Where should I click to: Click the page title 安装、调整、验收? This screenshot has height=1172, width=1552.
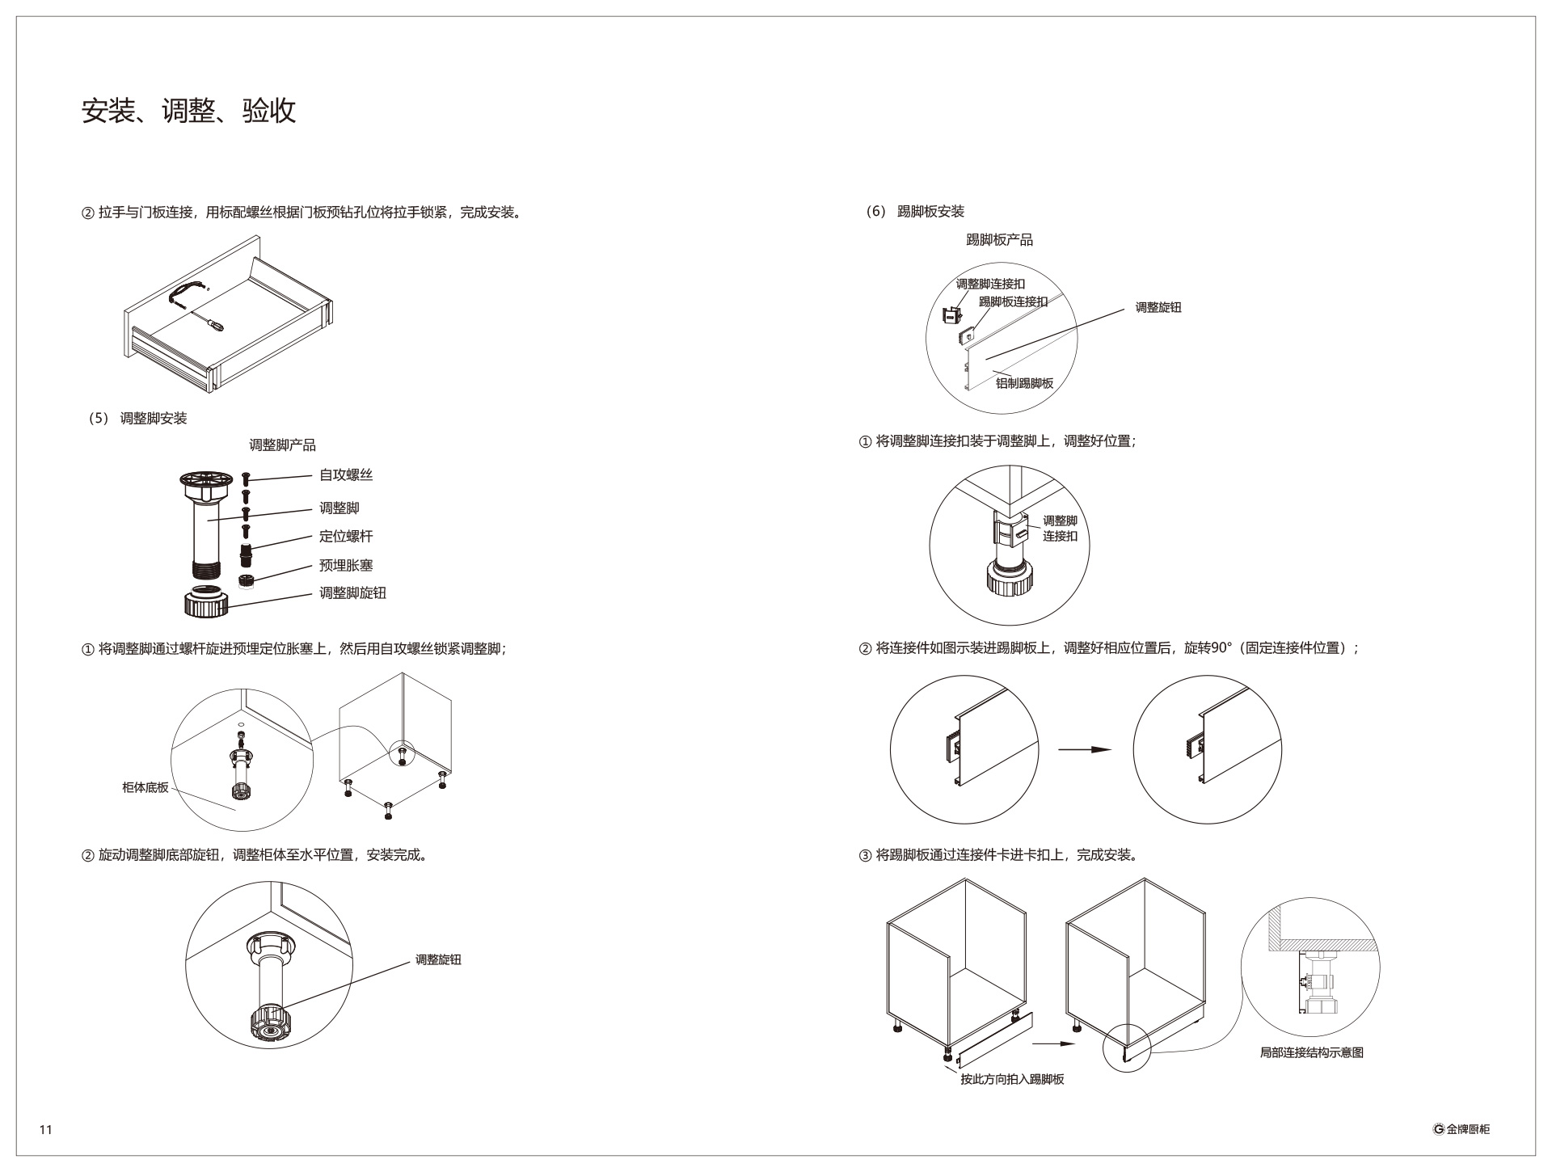tap(189, 111)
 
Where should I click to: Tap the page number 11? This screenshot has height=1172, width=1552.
tap(45, 1129)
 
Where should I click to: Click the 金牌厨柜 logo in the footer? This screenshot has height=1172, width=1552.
tap(1461, 1129)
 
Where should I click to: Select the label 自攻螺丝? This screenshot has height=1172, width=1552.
tap(346, 475)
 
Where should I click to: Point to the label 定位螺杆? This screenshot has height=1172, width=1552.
tap(346, 537)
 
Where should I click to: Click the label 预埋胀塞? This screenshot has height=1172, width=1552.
tap(346, 566)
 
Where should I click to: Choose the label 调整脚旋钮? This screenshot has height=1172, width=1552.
tap(352, 593)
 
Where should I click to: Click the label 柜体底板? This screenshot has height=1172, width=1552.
tap(145, 787)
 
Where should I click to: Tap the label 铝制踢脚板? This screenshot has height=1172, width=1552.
tap(1024, 383)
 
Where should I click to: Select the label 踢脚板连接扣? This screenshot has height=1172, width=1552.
tap(1013, 301)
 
